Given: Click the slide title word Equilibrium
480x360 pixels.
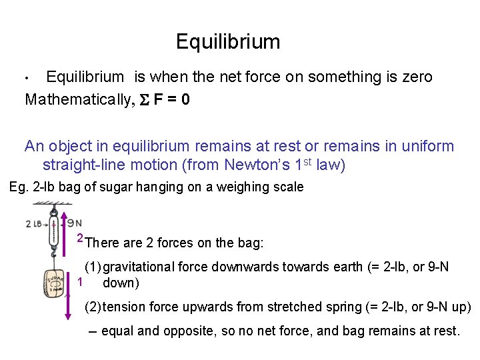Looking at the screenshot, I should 228,43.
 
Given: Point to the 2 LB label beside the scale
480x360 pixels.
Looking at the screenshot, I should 35,223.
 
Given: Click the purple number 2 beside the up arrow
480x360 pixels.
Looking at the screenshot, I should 79,238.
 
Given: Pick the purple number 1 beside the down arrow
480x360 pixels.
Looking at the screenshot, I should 79,281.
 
